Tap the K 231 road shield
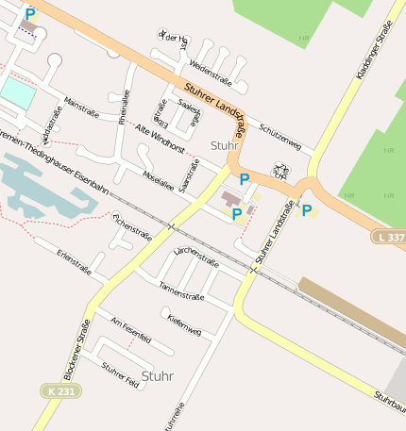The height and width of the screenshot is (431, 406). [x=58, y=390]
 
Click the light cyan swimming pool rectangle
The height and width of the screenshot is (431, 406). [x=17, y=91]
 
